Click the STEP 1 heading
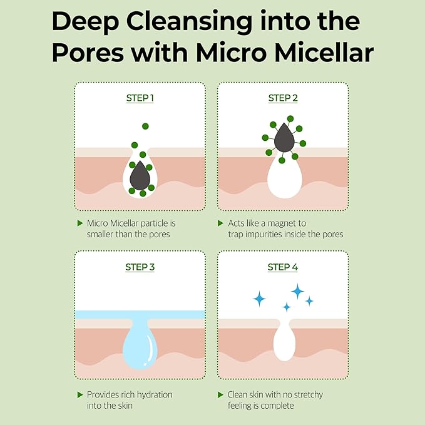point(140,98)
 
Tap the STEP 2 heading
point(283,98)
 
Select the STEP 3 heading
point(140,267)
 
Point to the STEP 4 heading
point(283,267)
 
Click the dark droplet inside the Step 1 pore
point(140,176)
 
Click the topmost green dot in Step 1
point(145,126)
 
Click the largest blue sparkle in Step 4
point(297,290)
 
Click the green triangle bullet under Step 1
point(79,223)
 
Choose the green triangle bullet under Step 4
point(220,395)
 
